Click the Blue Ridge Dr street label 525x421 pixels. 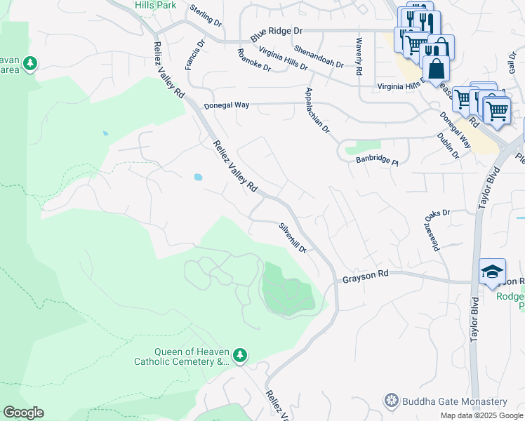[x=277, y=32]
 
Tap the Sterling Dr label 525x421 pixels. [x=206, y=16]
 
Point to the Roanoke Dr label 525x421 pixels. [x=254, y=60]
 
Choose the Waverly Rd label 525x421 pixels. [x=359, y=57]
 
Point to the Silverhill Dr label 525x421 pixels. [x=293, y=238]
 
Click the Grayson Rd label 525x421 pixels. [x=365, y=279]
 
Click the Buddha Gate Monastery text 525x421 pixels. [x=454, y=402]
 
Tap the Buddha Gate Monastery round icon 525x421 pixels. [x=392, y=401]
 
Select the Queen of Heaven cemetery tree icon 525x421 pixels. [x=240, y=356]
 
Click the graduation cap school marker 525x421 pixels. [x=492, y=272]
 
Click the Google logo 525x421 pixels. [x=23, y=413]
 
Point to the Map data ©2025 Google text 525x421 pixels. [x=481, y=415]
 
